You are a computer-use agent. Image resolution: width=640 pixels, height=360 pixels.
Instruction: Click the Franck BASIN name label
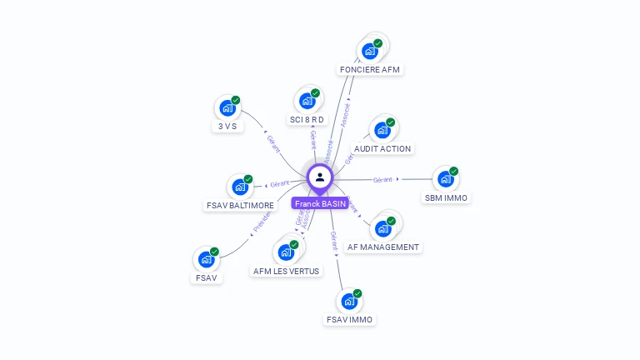[x=320, y=203]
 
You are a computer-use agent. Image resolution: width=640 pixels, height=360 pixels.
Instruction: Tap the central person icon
[x=320, y=177]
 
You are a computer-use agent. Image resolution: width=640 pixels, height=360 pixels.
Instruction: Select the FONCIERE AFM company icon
[x=370, y=52]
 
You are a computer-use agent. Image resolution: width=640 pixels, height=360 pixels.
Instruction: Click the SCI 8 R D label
[x=307, y=120]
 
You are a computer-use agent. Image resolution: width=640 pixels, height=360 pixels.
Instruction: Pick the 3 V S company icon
[x=227, y=108]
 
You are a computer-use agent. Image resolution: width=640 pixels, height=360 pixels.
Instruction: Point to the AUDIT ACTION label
[x=382, y=148]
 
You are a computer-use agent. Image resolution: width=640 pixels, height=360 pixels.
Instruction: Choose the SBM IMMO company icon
[x=445, y=179]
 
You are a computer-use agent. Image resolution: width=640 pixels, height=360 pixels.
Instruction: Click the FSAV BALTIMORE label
[x=240, y=205]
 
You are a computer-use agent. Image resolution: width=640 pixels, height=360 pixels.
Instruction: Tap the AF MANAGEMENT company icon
[x=382, y=228]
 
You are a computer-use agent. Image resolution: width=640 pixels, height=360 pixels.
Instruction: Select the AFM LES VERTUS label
[x=286, y=271]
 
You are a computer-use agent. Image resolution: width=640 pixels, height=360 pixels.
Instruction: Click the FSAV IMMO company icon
[x=349, y=301]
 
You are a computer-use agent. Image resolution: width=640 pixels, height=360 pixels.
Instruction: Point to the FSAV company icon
[x=206, y=259]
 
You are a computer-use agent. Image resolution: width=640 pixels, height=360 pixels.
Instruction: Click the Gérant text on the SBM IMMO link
[x=383, y=179]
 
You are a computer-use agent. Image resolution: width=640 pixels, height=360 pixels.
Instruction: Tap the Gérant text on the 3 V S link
[x=272, y=143]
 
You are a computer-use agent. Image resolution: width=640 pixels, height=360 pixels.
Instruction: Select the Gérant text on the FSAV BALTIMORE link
[x=280, y=183]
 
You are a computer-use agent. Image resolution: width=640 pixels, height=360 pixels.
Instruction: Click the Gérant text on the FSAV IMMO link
[x=334, y=242]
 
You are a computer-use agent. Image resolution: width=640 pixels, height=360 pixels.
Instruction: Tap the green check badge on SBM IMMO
[x=453, y=171]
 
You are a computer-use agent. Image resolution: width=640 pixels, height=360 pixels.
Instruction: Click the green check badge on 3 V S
[x=235, y=100]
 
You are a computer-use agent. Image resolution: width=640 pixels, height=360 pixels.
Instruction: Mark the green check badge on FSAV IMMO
[x=357, y=293]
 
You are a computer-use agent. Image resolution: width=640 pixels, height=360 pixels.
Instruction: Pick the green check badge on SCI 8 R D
[x=315, y=93]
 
